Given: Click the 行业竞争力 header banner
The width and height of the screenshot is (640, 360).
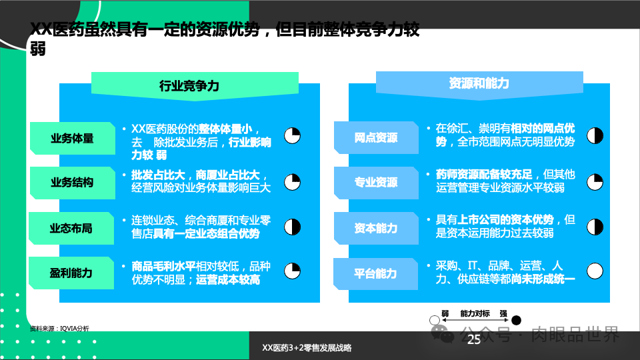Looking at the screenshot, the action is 189,85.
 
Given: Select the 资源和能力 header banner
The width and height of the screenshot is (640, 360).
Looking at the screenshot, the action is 479,83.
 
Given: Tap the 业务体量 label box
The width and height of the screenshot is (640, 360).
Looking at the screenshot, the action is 71,139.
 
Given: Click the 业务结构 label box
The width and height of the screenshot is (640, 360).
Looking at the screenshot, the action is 71,182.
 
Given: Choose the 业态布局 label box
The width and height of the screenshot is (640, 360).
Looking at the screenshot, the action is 71,228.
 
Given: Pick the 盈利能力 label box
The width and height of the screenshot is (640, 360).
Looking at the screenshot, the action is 71,272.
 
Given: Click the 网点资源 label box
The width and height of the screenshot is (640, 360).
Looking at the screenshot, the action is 375,138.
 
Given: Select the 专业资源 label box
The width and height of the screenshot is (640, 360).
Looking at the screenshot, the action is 375,182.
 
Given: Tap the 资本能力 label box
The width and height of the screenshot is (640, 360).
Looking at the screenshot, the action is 375,228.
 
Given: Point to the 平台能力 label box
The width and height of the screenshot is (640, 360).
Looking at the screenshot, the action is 375,273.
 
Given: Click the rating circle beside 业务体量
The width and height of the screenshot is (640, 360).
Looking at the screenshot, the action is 292,136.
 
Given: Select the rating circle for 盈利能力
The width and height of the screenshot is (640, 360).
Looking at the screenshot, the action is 292,271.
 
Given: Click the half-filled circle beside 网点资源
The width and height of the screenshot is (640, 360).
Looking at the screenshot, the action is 595,136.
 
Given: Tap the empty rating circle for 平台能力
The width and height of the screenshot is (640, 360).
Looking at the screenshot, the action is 595,271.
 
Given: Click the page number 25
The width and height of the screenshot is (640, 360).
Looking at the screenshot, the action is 474,340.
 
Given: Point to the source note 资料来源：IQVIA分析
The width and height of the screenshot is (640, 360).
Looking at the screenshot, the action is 59,329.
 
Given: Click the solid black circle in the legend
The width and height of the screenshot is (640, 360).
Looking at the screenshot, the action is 517,321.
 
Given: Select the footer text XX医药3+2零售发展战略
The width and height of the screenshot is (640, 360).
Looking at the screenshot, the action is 307,348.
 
